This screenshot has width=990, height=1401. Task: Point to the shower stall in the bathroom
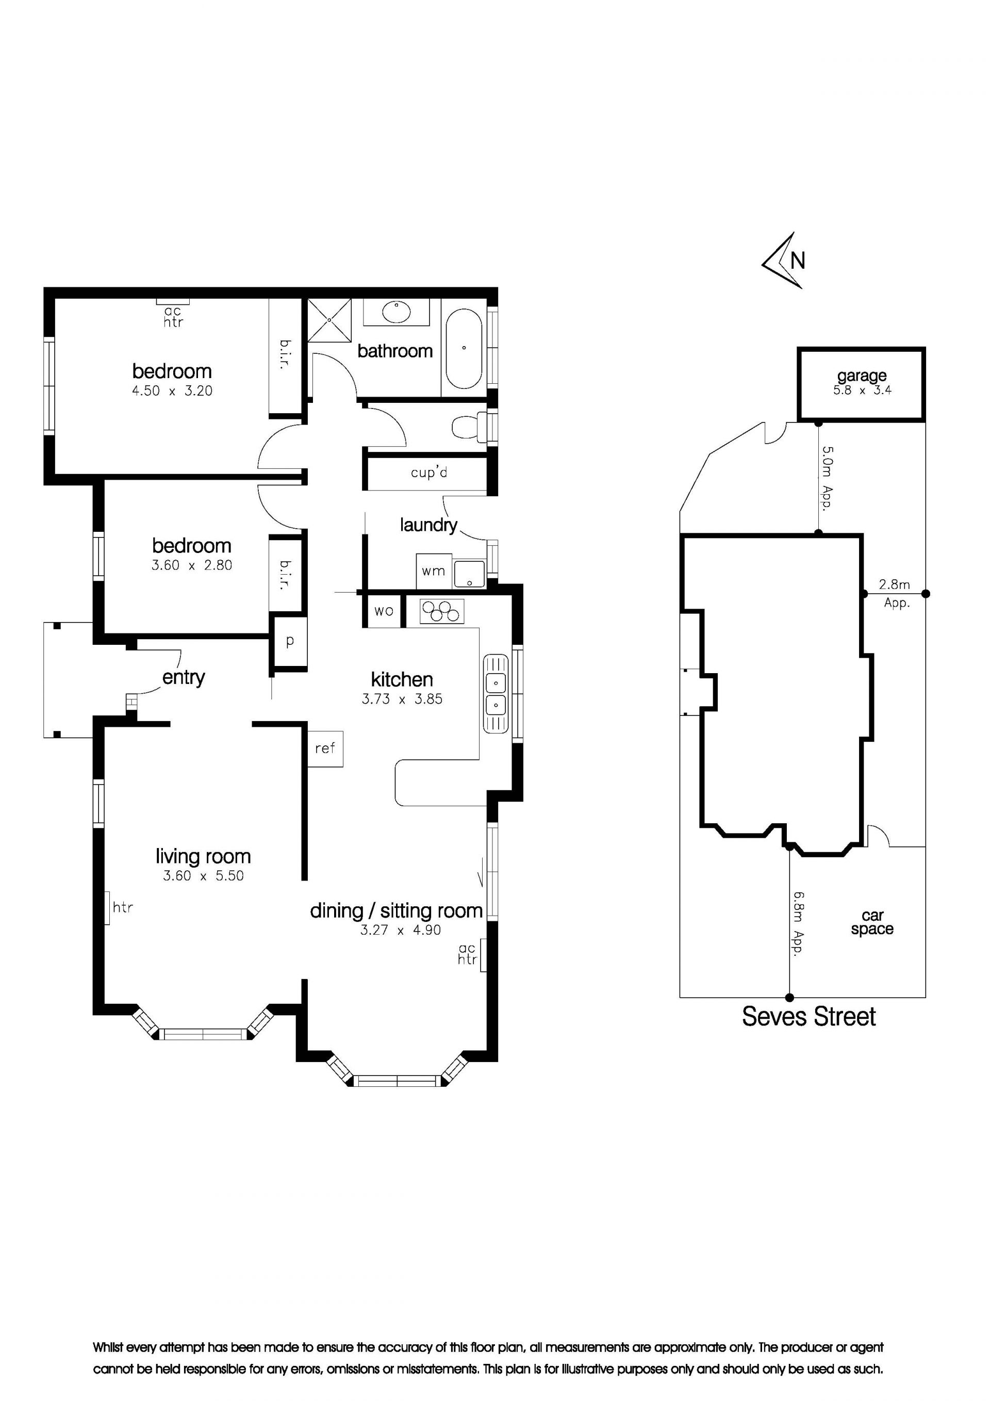click(x=329, y=320)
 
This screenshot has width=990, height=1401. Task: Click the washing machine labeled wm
click(x=434, y=571)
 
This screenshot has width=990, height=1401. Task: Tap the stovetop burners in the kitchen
click(x=441, y=611)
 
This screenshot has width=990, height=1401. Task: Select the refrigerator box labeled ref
click(x=325, y=748)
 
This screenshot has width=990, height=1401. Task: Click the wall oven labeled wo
click(x=384, y=611)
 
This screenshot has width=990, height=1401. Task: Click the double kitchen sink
click(x=497, y=693)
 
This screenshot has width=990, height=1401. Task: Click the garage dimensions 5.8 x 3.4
click(x=862, y=390)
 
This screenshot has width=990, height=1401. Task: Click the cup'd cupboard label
click(x=429, y=473)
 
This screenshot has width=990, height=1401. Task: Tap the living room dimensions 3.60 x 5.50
click(x=203, y=876)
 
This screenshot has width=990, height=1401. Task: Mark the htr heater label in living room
click(x=123, y=907)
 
